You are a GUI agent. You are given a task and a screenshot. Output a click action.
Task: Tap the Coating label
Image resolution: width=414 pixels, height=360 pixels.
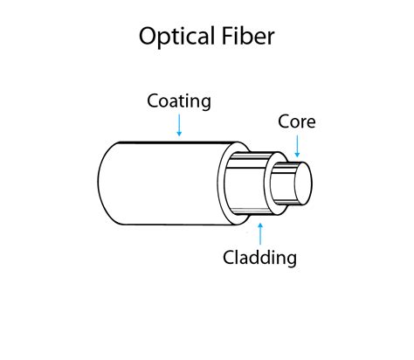coord(179,100)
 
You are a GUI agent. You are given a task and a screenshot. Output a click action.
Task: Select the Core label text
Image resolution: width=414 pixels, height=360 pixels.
coord(296,121)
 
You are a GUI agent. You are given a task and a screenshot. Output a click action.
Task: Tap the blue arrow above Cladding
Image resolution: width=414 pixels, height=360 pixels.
coord(259,232)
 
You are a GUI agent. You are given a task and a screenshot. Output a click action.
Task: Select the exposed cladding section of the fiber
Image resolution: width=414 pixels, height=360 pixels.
coord(249,183)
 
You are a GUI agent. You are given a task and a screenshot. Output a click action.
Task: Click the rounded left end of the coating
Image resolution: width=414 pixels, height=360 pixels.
coord(105,183)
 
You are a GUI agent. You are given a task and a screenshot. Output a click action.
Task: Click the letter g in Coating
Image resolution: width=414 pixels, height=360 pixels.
coord(205,103)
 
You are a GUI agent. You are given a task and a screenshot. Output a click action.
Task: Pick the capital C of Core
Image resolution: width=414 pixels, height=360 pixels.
coord(284,121)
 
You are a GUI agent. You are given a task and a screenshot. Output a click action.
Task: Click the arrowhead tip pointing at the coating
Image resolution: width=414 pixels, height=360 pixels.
coord(179,135)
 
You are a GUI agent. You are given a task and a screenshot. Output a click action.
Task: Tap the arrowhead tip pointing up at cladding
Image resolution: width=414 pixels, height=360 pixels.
coord(259,223)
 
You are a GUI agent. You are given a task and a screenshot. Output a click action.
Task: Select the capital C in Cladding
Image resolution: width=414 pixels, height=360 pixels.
coord(228,257)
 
